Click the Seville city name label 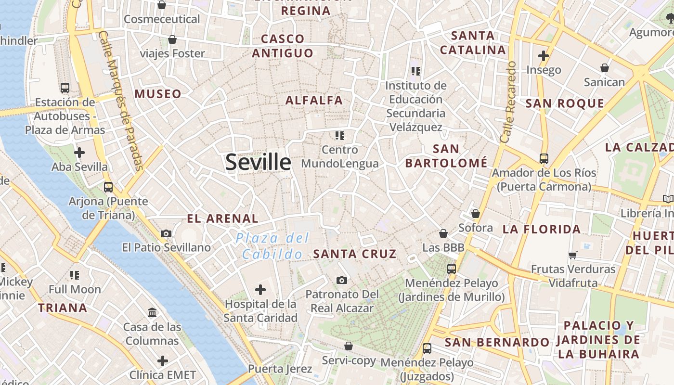pyautogui.click(x=258, y=162)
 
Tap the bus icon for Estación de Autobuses pyautogui.click(x=65, y=88)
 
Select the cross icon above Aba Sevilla pyautogui.click(x=79, y=153)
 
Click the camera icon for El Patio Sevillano pyautogui.click(x=166, y=234)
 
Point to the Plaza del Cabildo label pyautogui.click(x=272, y=246)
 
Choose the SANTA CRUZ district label pyautogui.click(x=355, y=254)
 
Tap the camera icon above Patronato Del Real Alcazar pyautogui.click(x=342, y=280)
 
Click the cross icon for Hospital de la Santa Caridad pyautogui.click(x=260, y=290)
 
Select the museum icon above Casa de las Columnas pyautogui.click(x=152, y=313)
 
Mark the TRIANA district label pyautogui.click(x=63, y=308)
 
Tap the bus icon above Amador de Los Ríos pyautogui.click(x=544, y=158)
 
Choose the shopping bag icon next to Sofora pyautogui.click(x=476, y=213)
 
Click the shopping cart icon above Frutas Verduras pyautogui.click(x=573, y=255)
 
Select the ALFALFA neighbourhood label pyautogui.click(x=314, y=100)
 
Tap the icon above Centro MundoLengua pyautogui.click(x=340, y=136)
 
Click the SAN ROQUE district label pyautogui.click(x=565, y=103)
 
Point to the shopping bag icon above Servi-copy pyautogui.click(x=349, y=346)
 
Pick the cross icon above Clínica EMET pyautogui.click(x=163, y=361)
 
